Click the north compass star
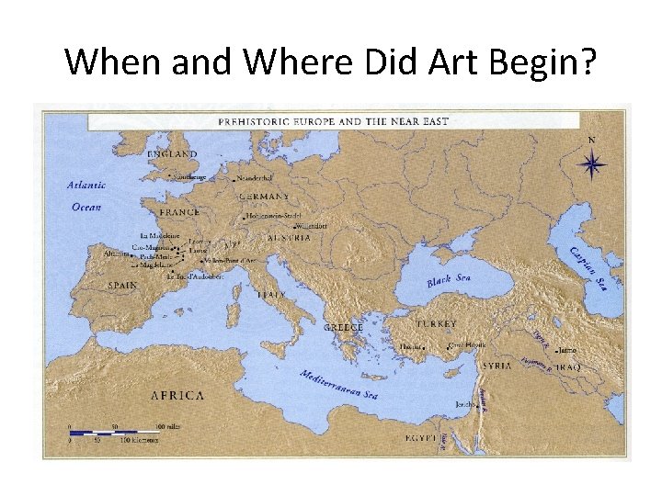(x=592, y=164)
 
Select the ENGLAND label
(x=172, y=154)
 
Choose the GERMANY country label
(x=264, y=197)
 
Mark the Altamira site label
(x=117, y=252)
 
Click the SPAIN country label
(x=122, y=285)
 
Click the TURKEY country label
(x=436, y=324)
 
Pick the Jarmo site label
(x=567, y=350)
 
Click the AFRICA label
(x=177, y=395)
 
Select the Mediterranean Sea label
(x=338, y=385)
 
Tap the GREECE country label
(x=344, y=327)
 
